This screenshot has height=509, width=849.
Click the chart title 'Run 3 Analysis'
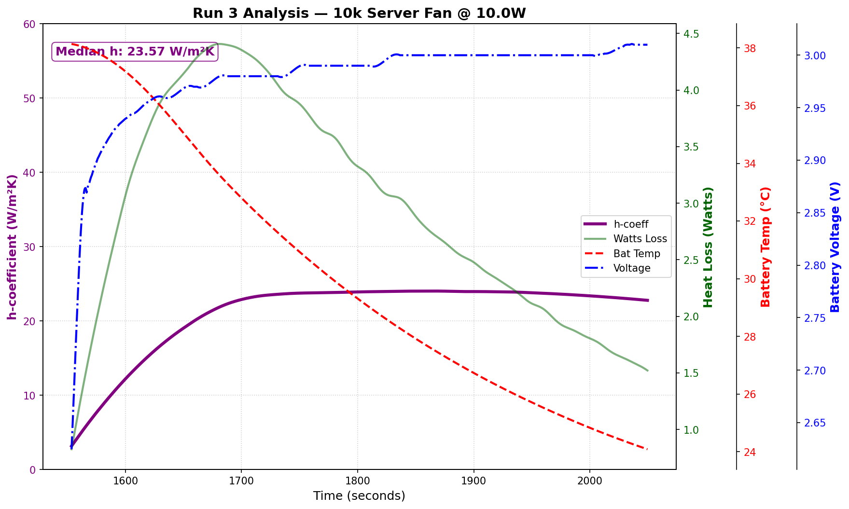(x=359, y=13)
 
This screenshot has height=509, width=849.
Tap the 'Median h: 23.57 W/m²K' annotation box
(x=135, y=51)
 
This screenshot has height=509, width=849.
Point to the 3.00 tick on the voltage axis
(x=814, y=56)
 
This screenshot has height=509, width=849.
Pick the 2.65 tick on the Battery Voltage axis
(x=814, y=423)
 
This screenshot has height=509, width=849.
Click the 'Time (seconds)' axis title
(x=359, y=496)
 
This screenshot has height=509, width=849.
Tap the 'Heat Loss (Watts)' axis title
(x=708, y=247)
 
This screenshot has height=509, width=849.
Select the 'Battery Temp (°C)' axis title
(x=766, y=247)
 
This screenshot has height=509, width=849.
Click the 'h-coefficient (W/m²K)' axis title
(x=13, y=247)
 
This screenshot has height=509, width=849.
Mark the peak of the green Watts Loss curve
(x=220, y=43)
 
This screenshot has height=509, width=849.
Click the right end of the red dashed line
(x=647, y=450)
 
